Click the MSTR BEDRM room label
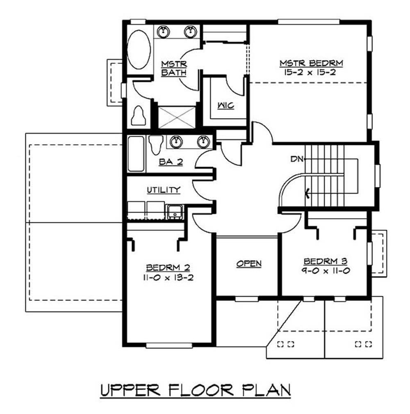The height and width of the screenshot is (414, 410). click(311, 63)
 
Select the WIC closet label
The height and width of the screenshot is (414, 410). click(225, 106)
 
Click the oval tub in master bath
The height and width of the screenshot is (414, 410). click(139, 49)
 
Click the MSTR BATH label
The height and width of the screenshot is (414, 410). click(174, 69)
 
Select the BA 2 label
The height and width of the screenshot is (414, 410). click(171, 162)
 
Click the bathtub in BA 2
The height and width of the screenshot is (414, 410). click(136, 153)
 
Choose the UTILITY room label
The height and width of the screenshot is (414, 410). click(164, 190)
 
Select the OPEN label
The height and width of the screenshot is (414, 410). click(249, 264)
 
